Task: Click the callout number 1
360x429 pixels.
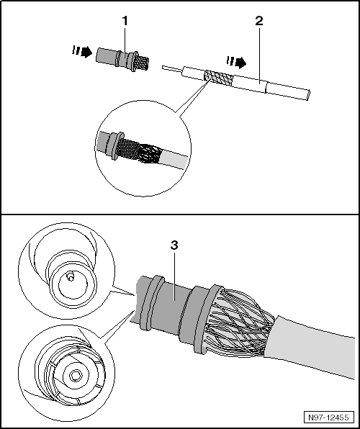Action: click(125, 21)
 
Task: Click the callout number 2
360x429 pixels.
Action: click(259, 21)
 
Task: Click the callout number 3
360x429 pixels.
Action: click(174, 245)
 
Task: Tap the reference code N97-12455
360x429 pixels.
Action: click(328, 417)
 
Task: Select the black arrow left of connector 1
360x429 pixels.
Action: click(82, 51)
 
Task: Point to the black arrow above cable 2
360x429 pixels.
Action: click(236, 63)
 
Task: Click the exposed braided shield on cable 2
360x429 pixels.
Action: click(219, 78)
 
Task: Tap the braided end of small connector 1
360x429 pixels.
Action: click(143, 63)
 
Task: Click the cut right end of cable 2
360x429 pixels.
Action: click(308, 95)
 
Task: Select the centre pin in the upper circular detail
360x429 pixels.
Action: click(71, 277)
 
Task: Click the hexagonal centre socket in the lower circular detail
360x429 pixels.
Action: click(75, 376)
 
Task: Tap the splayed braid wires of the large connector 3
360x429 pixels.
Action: click(238, 323)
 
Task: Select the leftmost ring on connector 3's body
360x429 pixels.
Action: click(150, 303)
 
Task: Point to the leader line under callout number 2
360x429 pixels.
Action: click(259, 55)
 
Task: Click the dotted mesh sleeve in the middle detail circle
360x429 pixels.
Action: click(128, 148)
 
